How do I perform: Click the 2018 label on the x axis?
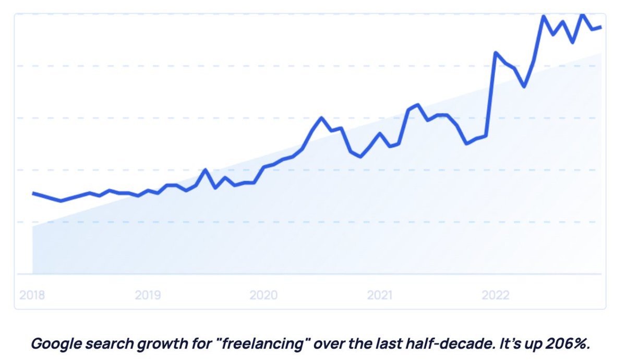(x=32, y=296)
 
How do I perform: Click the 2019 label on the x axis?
(x=148, y=296)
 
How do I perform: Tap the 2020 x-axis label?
(x=263, y=296)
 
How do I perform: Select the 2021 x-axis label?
(x=379, y=296)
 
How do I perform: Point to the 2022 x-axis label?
(x=495, y=296)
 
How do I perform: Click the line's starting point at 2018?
(x=33, y=193)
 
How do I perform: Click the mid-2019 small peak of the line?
(x=206, y=170)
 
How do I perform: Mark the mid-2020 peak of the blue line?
(x=321, y=117)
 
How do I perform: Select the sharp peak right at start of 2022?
(x=496, y=52)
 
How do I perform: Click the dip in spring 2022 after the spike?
(x=524, y=87)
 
